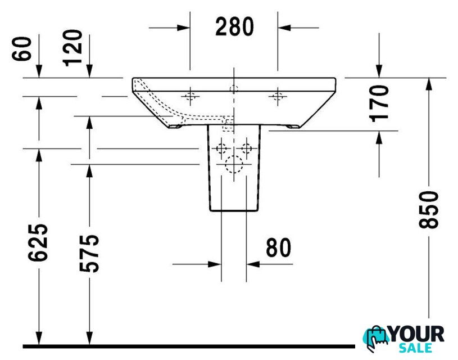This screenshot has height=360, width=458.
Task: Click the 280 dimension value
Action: pos(234,26)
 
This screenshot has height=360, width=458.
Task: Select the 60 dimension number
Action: pos(21,49)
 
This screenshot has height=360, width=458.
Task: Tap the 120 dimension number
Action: pos(72,48)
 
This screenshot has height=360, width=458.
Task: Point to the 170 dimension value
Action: pos(379,103)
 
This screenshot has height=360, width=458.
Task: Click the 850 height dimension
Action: pos(429,209)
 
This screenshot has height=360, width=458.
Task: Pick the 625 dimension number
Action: pos(38,242)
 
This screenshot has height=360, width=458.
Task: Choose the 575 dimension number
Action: pos(89,253)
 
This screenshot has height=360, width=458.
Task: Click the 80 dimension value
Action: pos(279,247)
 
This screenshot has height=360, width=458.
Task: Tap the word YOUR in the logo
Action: pos(417,334)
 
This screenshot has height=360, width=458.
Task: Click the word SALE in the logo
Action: pos(415,348)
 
